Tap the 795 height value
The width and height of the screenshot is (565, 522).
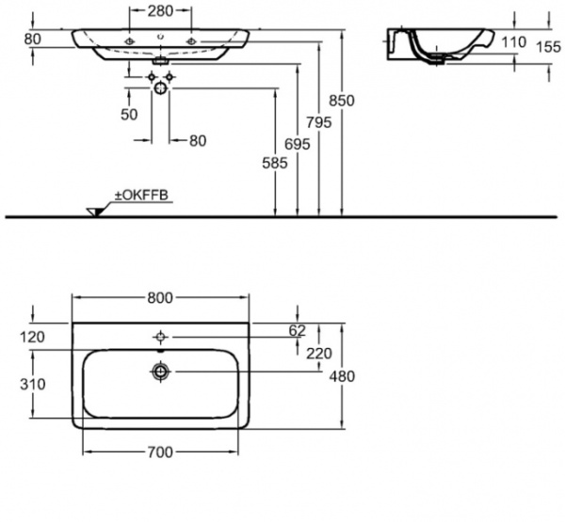click(x=322, y=123)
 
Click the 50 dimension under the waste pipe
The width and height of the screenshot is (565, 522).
click(x=129, y=114)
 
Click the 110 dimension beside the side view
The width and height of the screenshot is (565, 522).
click(x=514, y=41)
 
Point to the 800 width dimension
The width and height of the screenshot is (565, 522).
click(x=160, y=298)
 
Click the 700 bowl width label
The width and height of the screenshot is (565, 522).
click(x=160, y=452)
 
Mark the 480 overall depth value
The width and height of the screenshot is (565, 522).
click(x=351, y=376)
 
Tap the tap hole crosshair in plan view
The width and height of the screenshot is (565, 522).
click(x=162, y=336)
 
